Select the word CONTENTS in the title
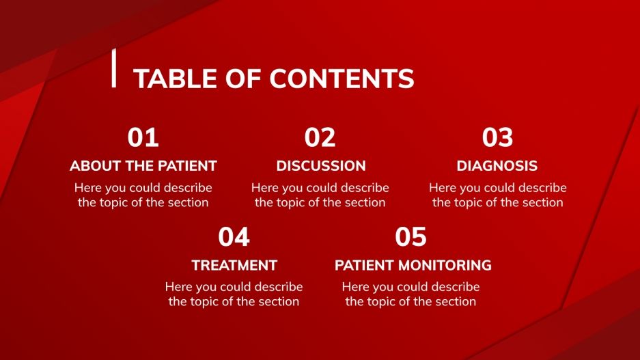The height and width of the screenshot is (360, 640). click(x=342, y=79)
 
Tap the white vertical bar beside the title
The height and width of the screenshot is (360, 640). click(x=113, y=68)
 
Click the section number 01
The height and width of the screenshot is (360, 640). click(x=143, y=138)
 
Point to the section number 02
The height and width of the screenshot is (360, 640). click(x=320, y=138)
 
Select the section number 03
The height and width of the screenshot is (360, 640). click(x=497, y=138)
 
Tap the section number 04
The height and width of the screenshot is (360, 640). click(x=234, y=237)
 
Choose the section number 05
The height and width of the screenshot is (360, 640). click(x=411, y=237)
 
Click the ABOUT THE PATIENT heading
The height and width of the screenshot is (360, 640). click(x=143, y=166)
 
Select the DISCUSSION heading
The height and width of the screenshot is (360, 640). click(x=320, y=166)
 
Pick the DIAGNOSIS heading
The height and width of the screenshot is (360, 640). click(x=497, y=166)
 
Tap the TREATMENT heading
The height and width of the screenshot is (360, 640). click(x=234, y=265)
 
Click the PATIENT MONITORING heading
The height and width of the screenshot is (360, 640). click(x=413, y=265)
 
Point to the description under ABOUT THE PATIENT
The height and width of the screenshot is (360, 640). click(x=143, y=195)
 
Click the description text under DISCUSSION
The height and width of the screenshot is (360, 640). click(x=320, y=195)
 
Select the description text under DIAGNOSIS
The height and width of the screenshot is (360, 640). click(x=497, y=195)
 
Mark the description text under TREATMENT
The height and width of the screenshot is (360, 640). click(x=234, y=294)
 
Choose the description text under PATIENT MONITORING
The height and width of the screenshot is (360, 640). click(x=411, y=294)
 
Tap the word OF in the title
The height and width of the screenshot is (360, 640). click(x=248, y=79)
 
